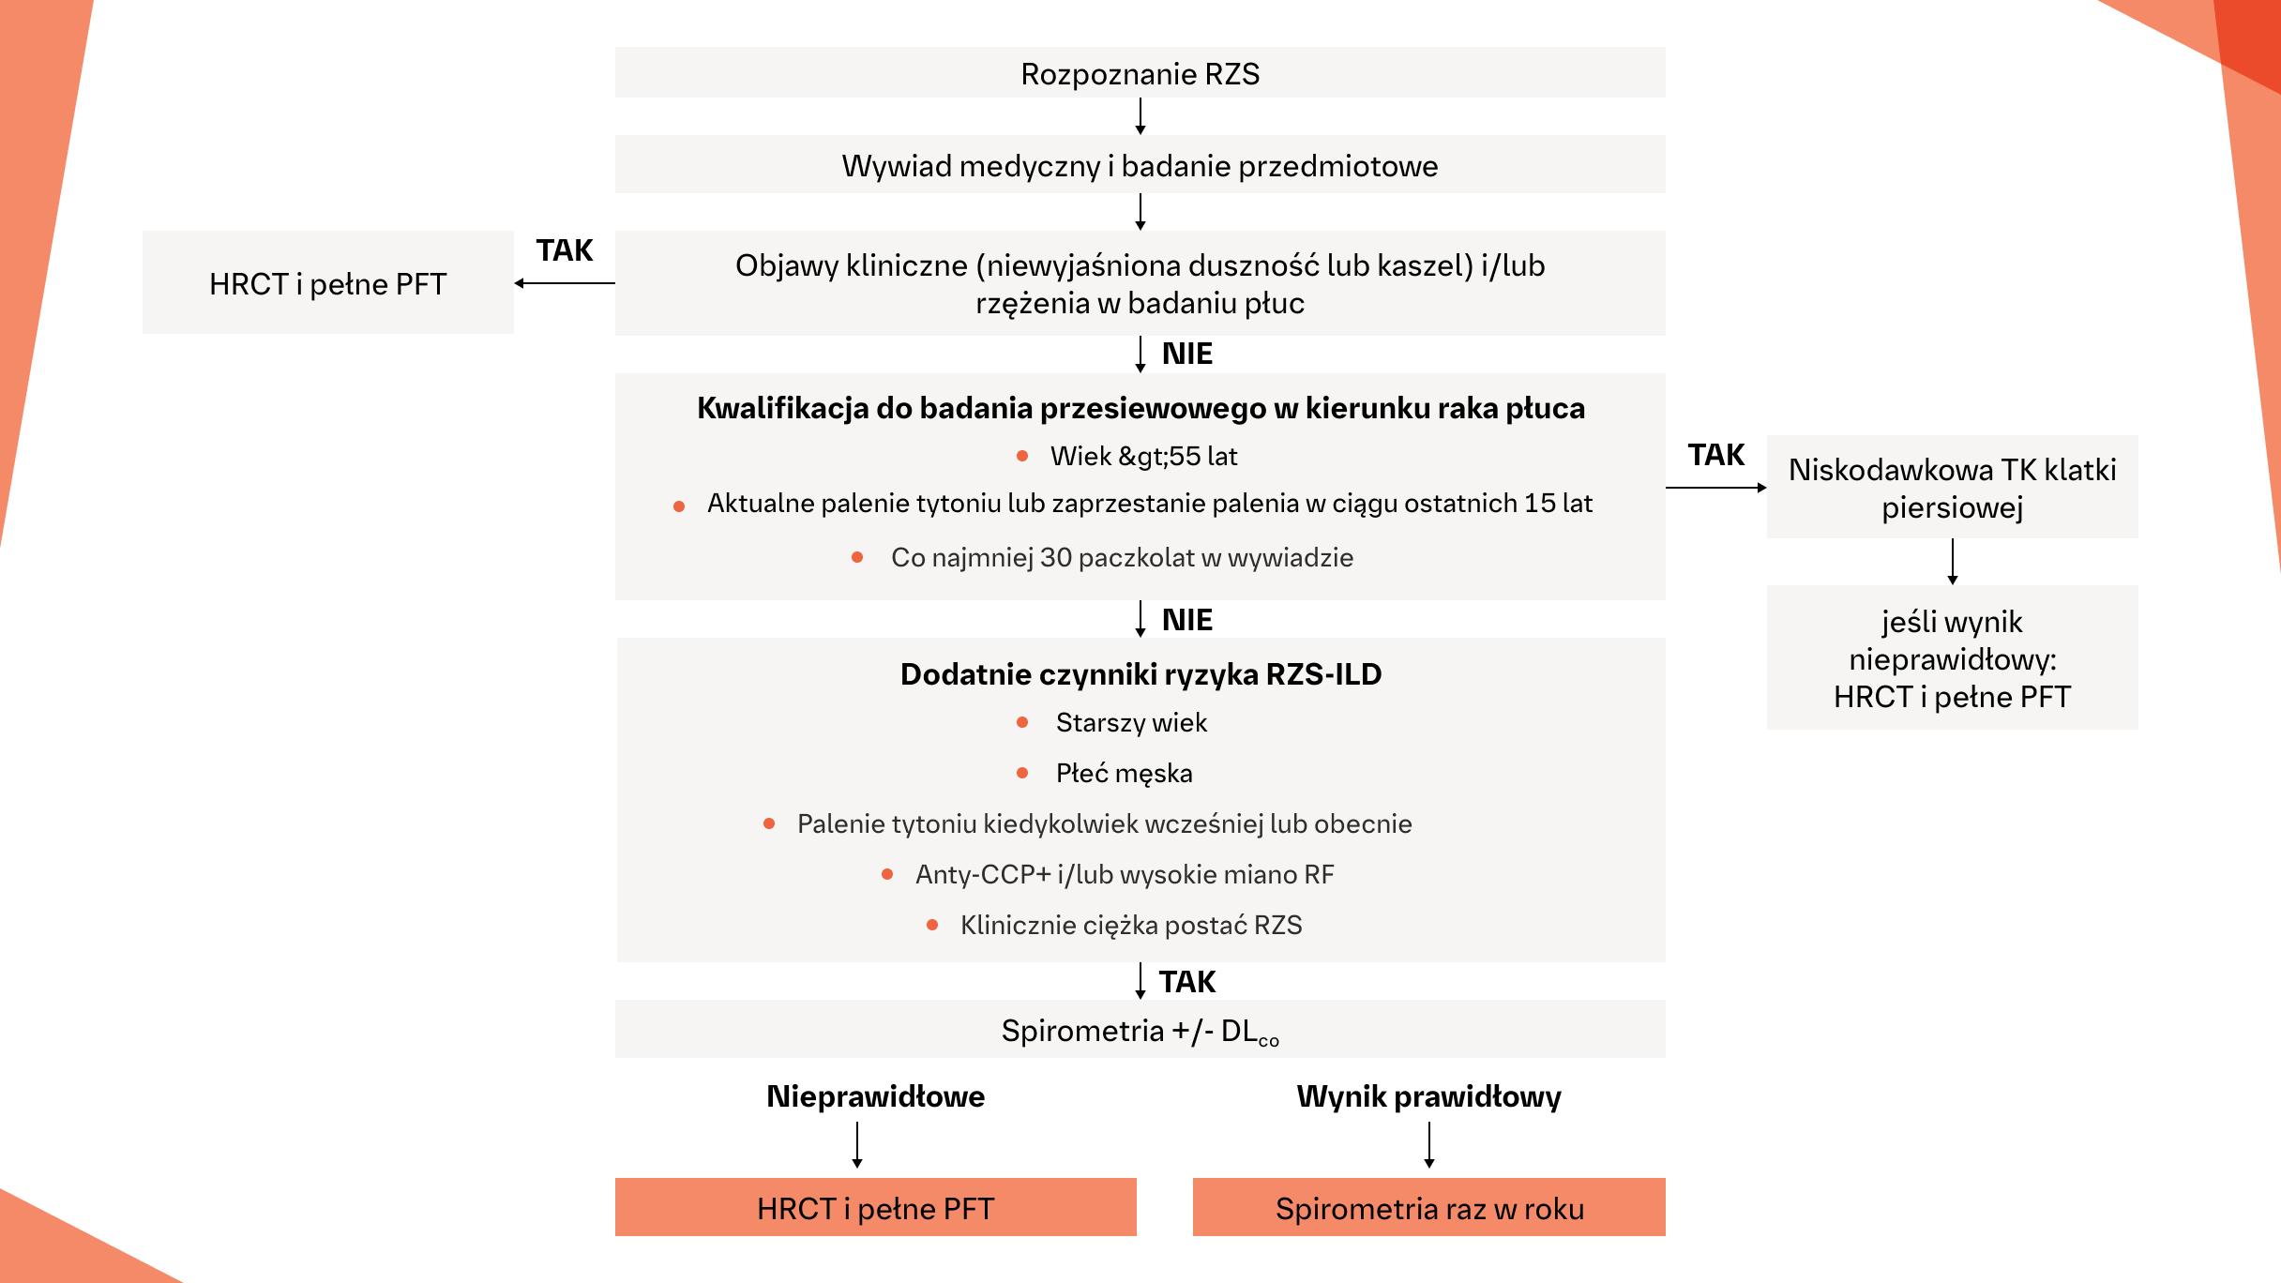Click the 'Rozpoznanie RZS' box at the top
click(x=1140, y=73)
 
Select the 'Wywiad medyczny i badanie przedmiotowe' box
click(x=1140, y=166)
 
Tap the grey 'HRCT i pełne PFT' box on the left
click(x=327, y=283)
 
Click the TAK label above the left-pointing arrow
click(x=565, y=250)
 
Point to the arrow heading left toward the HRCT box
click(x=563, y=283)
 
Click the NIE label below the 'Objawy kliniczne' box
click(x=1186, y=354)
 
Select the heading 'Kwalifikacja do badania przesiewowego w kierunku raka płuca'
click(x=1140, y=408)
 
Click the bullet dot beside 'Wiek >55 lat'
click(x=1022, y=456)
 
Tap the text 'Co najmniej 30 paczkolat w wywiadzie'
click(x=1122, y=557)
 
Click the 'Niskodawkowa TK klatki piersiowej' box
click(x=1952, y=488)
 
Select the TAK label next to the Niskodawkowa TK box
click(x=1715, y=455)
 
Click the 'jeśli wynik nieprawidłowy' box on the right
click(x=1952, y=658)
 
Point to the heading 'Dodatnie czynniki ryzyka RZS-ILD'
click(x=1140, y=674)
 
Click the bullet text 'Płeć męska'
click(x=1124, y=773)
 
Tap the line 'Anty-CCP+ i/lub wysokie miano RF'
click(x=1124, y=874)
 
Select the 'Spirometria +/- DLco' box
click(x=1140, y=1030)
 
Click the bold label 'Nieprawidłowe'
click(x=875, y=1096)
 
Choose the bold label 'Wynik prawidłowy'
click(x=1428, y=1096)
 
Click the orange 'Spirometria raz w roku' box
click(x=1428, y=1208)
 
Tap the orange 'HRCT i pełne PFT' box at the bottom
click(x=875, y=1208)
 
